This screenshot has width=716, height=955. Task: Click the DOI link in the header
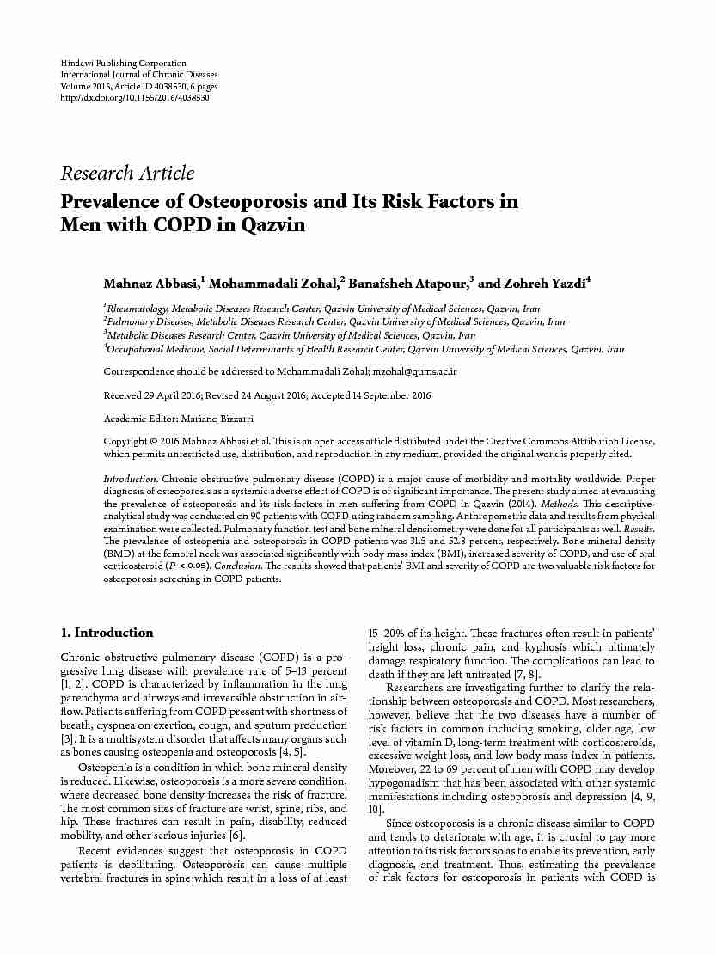135,98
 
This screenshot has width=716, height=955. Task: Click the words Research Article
127,174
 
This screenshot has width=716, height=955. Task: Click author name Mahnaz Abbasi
150,283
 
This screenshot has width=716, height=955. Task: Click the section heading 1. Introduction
107,633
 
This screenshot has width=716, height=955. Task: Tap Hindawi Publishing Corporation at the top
123,64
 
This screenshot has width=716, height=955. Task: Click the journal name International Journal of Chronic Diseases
138,75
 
